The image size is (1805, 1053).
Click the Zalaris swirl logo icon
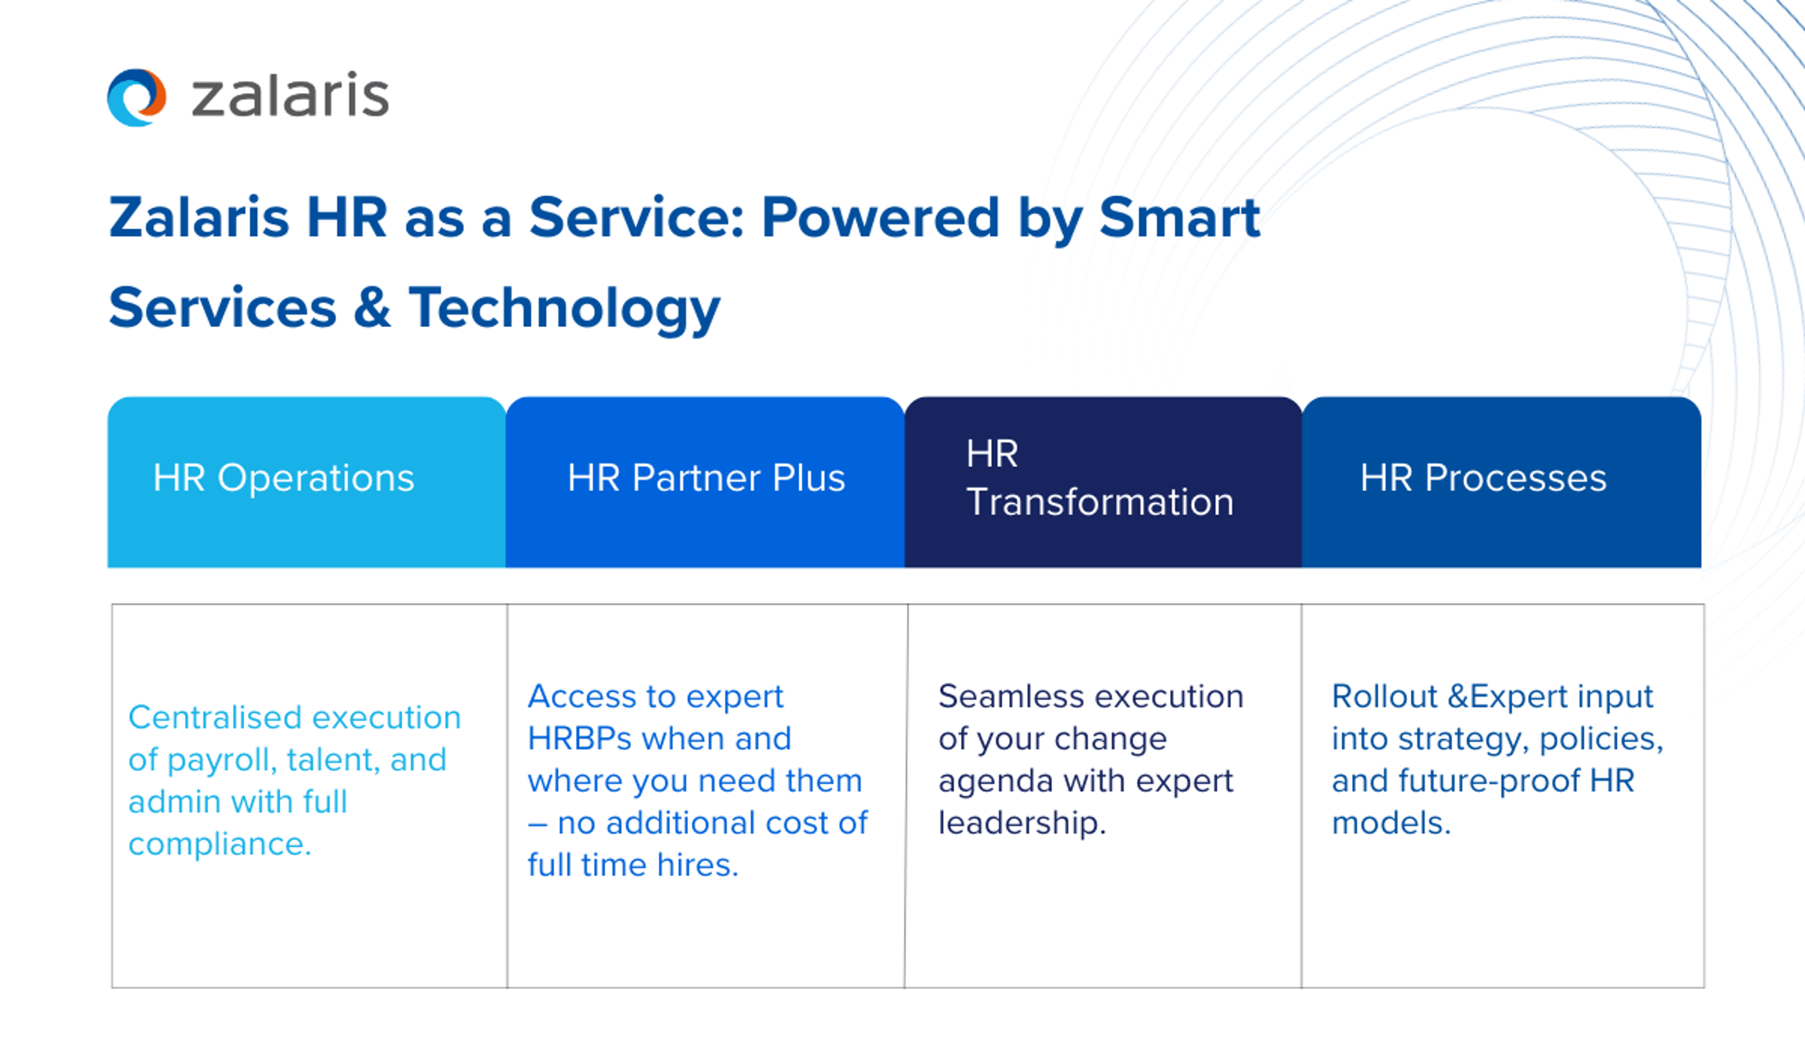136,97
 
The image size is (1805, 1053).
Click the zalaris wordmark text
290,96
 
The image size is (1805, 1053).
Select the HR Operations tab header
283,478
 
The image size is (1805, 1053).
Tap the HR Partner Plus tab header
706,478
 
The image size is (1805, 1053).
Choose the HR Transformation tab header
1099,478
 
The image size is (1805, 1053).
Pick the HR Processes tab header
1483,478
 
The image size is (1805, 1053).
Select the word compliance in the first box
219,844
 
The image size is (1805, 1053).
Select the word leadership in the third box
1021,822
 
